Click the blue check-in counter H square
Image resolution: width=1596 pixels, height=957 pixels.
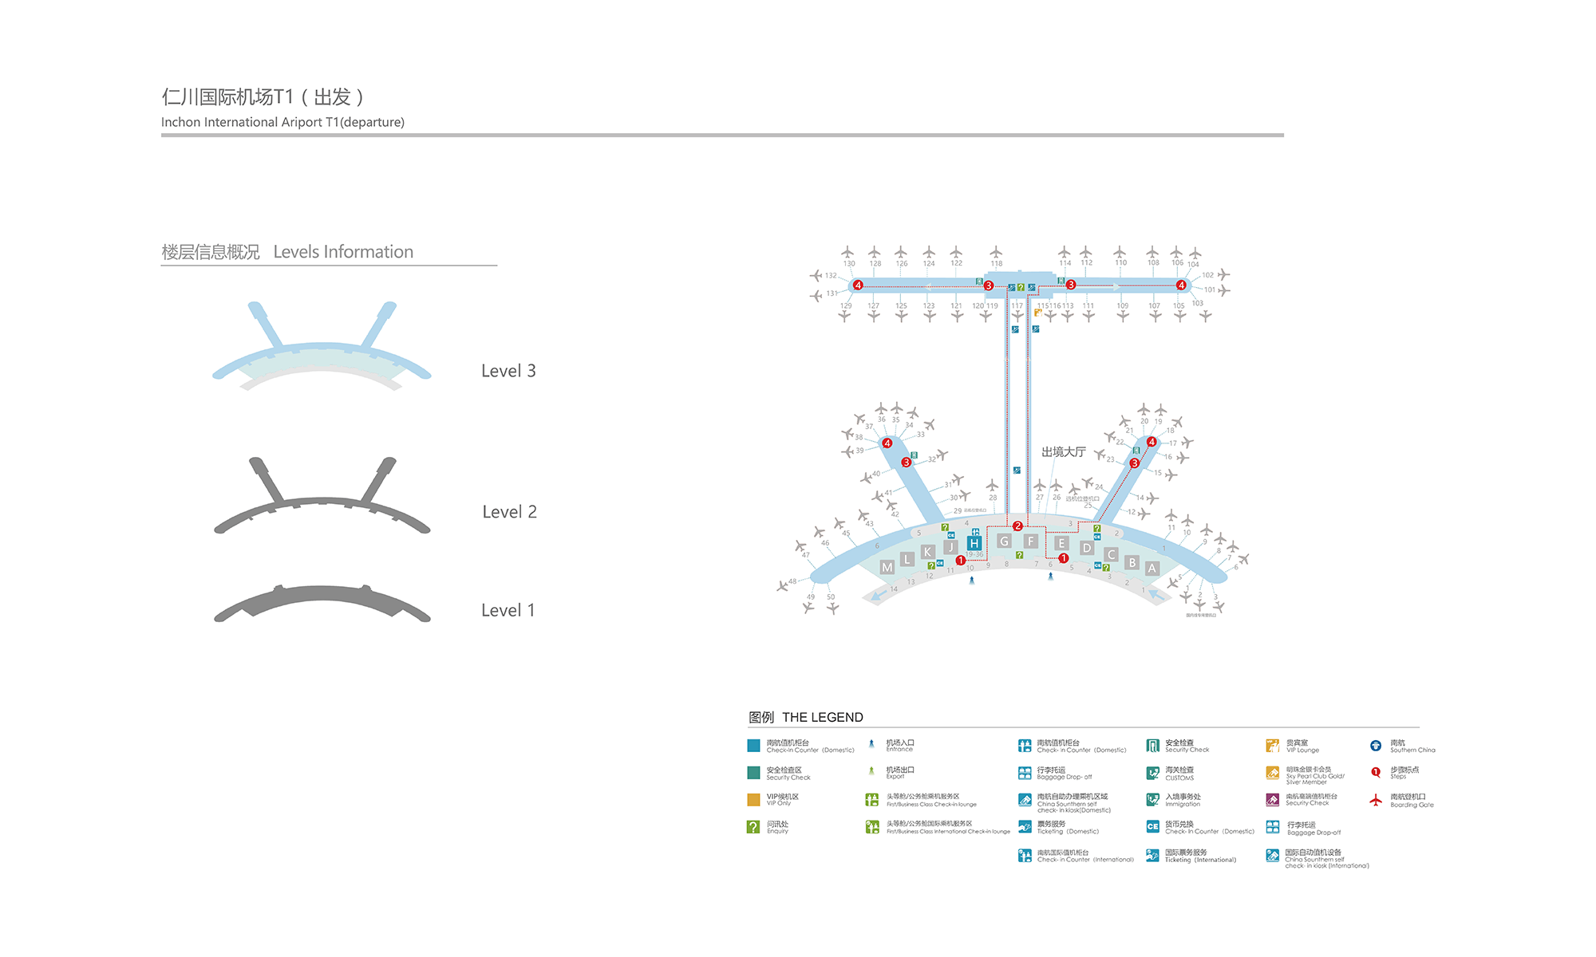pos(974,543)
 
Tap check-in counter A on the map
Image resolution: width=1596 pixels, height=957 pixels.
pos(1152,568)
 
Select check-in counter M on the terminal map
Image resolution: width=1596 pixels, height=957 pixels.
pos(887,567)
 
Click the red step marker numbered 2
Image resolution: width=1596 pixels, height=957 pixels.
pos(1017,526)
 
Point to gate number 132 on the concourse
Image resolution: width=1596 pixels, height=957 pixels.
pos(831,276)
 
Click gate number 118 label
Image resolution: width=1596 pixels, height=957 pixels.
pos(997,263)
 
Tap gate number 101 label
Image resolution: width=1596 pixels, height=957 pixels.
pos(1210,289)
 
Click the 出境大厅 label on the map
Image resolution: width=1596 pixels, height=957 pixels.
pos(1063,452)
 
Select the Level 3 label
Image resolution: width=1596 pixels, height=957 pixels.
pos(508,371)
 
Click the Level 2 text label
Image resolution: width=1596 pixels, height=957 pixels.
pos(509,512)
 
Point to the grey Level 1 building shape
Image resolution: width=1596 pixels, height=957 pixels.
pos(322,604)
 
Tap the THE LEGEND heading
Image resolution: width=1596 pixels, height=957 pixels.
pos(822,717)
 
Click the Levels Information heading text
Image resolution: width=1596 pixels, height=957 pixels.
pos(343,252)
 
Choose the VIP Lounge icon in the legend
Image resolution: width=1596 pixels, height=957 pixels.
pos(1272,746)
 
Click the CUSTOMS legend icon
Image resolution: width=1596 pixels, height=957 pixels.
pos(1152,773)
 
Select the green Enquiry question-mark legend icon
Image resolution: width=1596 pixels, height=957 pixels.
pos(753,827)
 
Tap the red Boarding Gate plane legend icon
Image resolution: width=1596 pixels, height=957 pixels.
pos(1376,800)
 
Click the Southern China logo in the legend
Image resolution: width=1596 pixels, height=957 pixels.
pos(1376,746)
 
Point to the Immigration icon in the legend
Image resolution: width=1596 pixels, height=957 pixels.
pos(1152,800)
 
